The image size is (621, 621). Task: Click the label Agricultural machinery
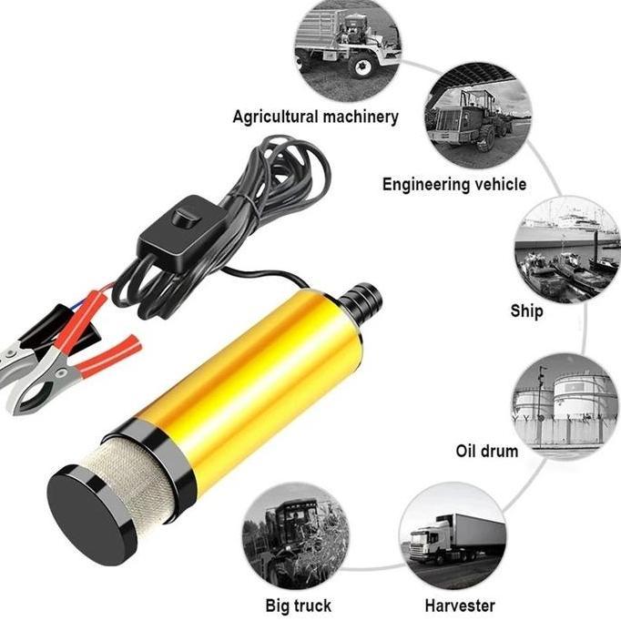[x=315, y=117]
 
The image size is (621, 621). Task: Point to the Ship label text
[x=526, y=310]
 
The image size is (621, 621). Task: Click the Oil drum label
[x=486, y=451]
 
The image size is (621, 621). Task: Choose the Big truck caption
[x=298, y=605]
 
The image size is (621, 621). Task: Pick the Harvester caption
[x=460, y=605]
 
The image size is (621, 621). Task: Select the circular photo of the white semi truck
[x=453, y=537]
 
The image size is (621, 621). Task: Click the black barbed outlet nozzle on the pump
[x=363, y=300]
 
